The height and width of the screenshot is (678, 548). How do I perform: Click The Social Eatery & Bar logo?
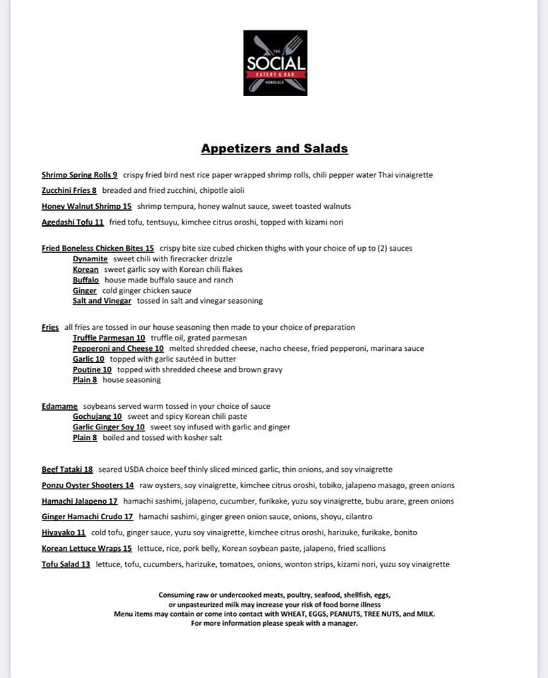click(275, 63)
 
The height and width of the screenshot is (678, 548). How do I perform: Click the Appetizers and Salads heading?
click(274, 148)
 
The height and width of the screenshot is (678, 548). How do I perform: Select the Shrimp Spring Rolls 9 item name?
click(79, 175)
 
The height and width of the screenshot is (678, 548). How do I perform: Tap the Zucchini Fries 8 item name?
click(69, 191)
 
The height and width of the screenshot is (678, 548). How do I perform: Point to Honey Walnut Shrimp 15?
click(87, 206)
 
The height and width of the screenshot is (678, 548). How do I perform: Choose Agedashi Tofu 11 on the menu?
click(73, 222)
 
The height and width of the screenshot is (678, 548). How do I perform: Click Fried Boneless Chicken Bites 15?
click(97, 249)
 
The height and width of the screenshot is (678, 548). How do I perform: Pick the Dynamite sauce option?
click(90, 259)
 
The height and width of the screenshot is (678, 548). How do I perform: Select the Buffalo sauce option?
click(85, 280)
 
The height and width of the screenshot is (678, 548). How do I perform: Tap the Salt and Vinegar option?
click(102, 301)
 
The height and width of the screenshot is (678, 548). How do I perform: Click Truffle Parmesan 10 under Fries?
click(109, 338)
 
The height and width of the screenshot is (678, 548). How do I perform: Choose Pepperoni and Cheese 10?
click(118, 349)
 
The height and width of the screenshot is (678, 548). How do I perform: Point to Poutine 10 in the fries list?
click(92, 369)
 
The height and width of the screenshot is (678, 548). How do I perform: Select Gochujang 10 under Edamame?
click(97, 417)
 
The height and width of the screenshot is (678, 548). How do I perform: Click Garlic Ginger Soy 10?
click(109, 427)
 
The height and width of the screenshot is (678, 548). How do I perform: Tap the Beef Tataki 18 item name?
click(67, 470)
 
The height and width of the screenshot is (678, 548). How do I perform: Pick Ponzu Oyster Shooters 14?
click(88, 486)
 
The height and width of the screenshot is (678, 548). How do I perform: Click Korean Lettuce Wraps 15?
click(87, 549)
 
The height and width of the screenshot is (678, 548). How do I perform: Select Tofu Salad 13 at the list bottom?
click(66, 564)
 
